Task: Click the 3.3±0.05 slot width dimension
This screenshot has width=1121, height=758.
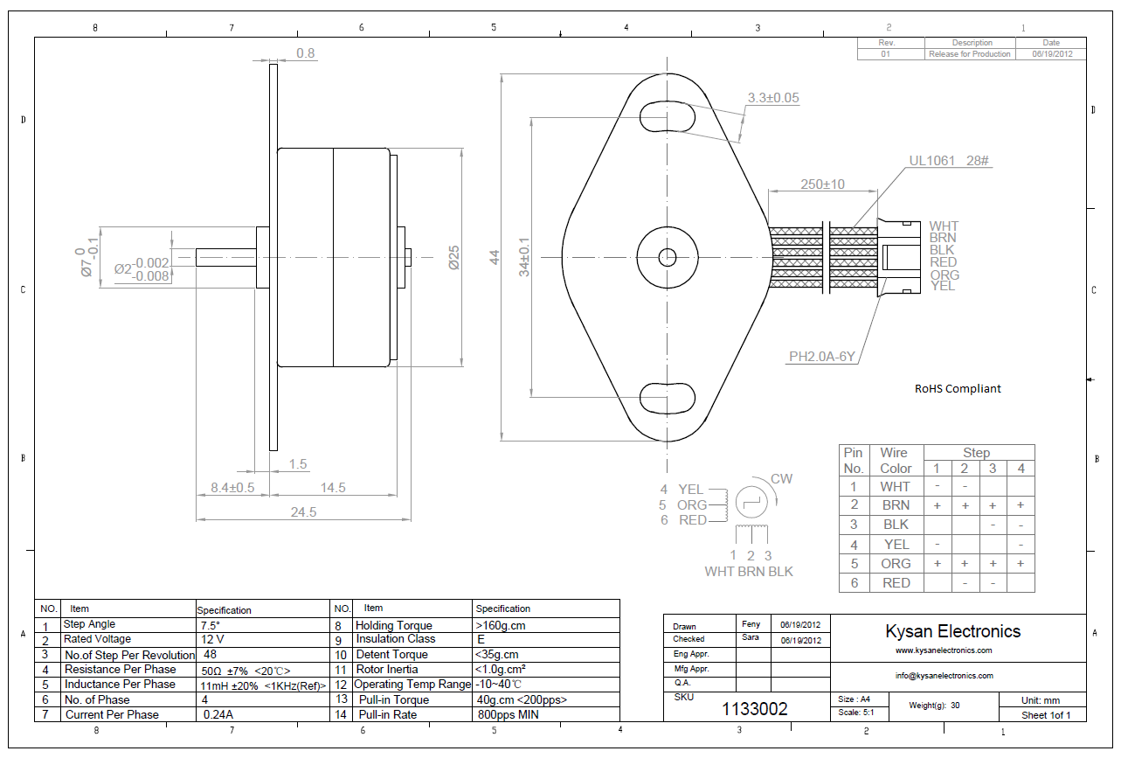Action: pyautogui.click(x=774, y=98)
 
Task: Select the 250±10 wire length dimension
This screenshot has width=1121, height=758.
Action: pyautogui.click(x=822, y=184)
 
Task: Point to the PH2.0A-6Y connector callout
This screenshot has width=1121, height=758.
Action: pyautogui.click(x=821, y=357)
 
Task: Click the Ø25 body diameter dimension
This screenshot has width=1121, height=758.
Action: pyautogui.click(x=453, y=256)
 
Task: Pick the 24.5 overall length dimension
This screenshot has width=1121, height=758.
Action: pyautogui.click(x=303, y=512)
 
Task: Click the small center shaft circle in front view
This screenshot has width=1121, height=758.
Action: pyautogui.click(x=668, y=257)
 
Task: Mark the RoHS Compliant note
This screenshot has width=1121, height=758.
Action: pyautogui.click(x=958, y=389)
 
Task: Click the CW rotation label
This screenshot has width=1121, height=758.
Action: pyautogui.click(x=781, y=479)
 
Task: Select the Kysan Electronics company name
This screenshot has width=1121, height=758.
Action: pyautogui.click(x=952, y=631)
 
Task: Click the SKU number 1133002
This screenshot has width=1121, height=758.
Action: pyautogui.click(x=755, y=709)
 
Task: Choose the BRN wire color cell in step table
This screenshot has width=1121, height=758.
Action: pyautogui.click(x=896, y=505)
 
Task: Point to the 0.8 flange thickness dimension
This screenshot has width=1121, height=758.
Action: pyautogui.click(x=306, y=53)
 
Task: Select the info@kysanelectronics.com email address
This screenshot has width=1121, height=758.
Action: pyautogui.click(x=944, y=676)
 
